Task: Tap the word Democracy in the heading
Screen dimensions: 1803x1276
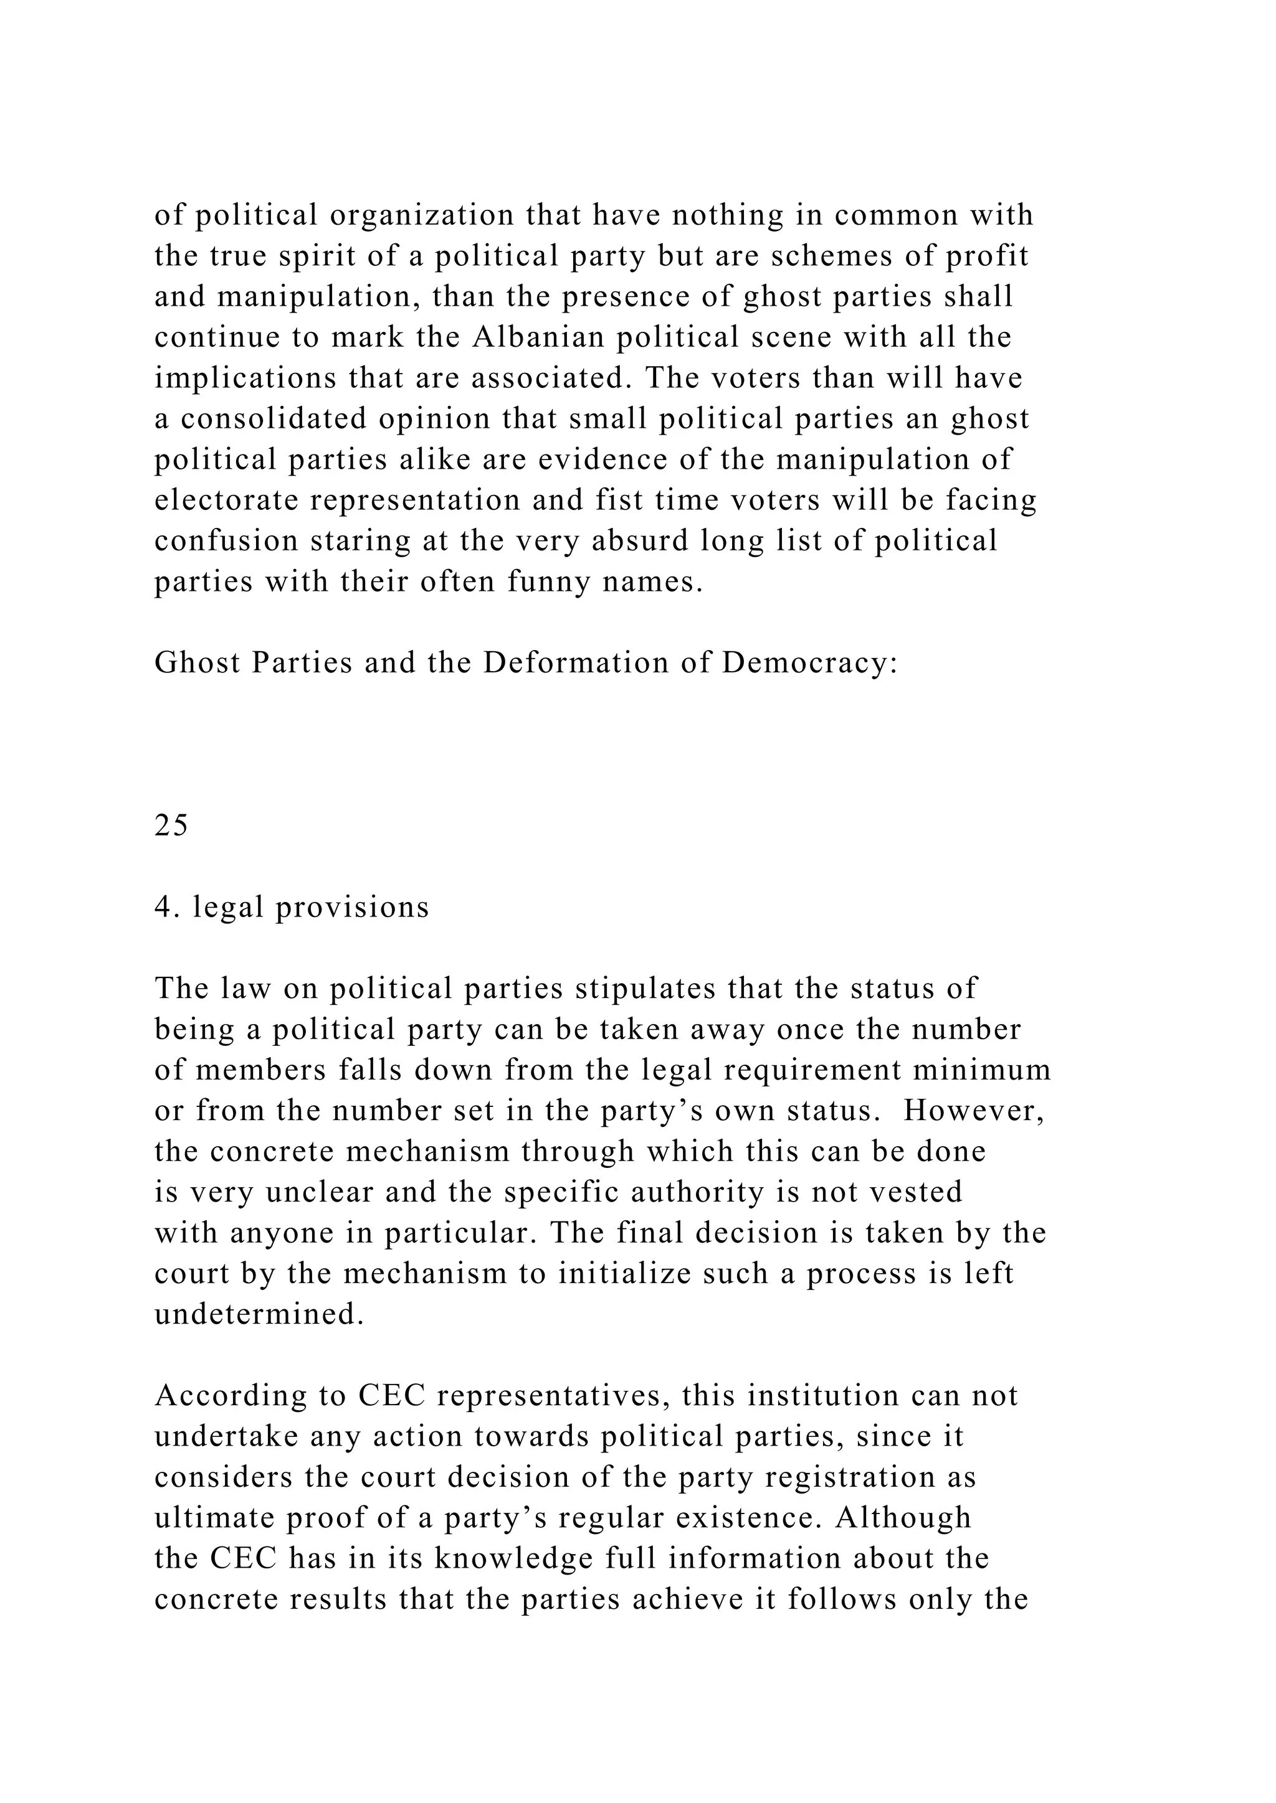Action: pos(809,663)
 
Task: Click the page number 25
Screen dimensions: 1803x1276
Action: pos(171,826)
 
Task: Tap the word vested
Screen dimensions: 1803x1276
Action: pos(916,1192)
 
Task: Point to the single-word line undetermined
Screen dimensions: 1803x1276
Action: pos(259,1314)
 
